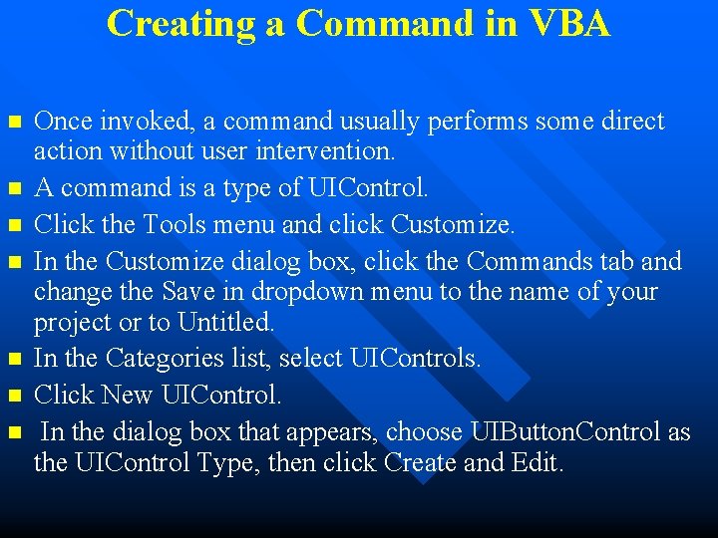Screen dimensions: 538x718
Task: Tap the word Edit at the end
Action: click(538, 462)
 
